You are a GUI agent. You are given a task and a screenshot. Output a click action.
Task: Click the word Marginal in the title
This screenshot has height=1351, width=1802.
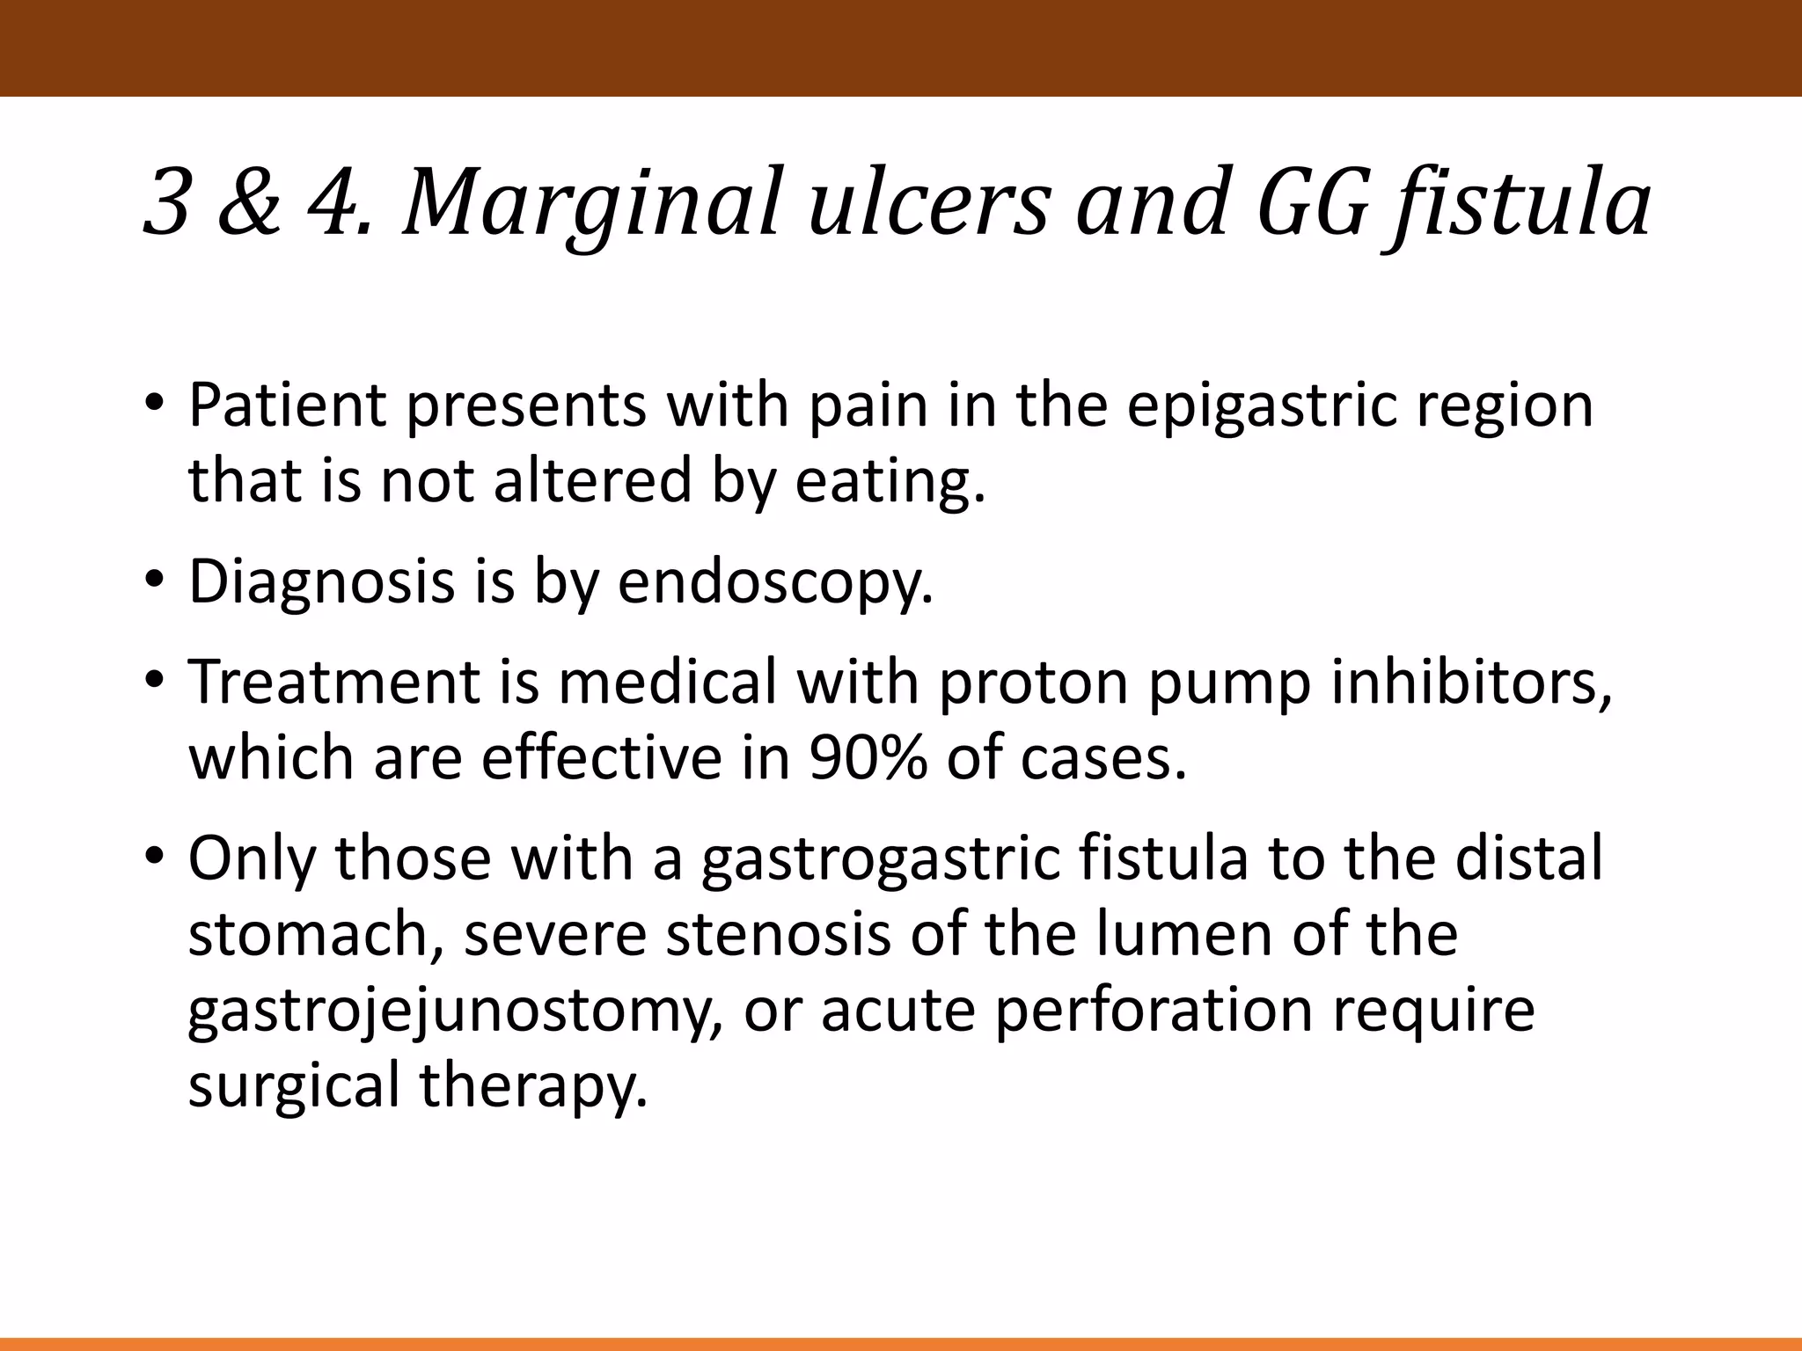pos(591,204)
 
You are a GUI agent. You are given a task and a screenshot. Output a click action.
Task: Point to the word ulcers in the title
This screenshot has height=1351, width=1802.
pos(928,204)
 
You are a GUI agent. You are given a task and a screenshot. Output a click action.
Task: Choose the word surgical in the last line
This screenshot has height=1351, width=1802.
pos(294,1085)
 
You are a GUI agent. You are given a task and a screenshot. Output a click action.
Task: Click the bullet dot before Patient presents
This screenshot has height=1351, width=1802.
pos(155,407)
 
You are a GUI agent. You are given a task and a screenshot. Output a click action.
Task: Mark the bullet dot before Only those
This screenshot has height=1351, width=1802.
pos(155,858)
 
